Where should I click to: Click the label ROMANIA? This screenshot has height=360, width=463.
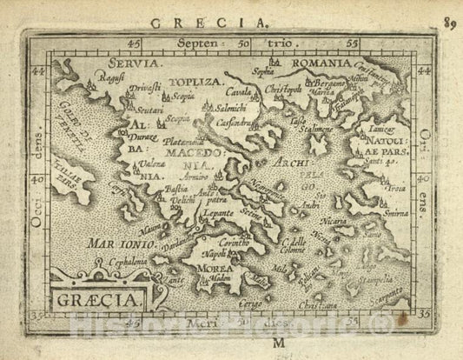point(319,63)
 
